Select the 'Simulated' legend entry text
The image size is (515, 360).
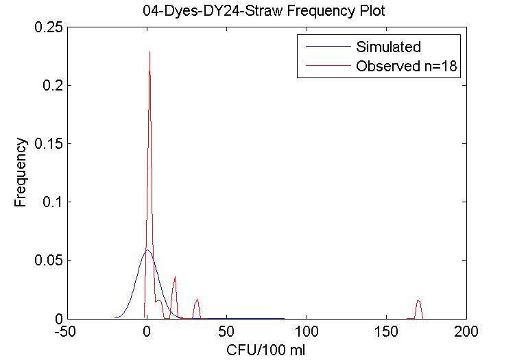(388, 47)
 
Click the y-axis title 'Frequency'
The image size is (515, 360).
(21, 173)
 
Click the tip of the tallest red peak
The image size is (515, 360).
(149, 51)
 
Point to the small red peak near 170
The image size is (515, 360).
(418, 301)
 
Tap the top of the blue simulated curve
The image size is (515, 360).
(147, 250)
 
